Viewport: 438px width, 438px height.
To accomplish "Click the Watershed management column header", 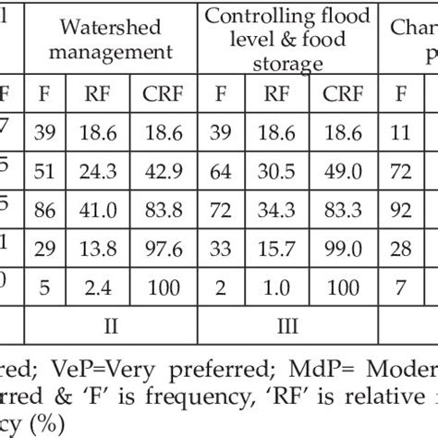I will click(x=111, y=42).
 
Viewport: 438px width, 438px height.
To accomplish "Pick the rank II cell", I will click(x=111, y=327).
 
